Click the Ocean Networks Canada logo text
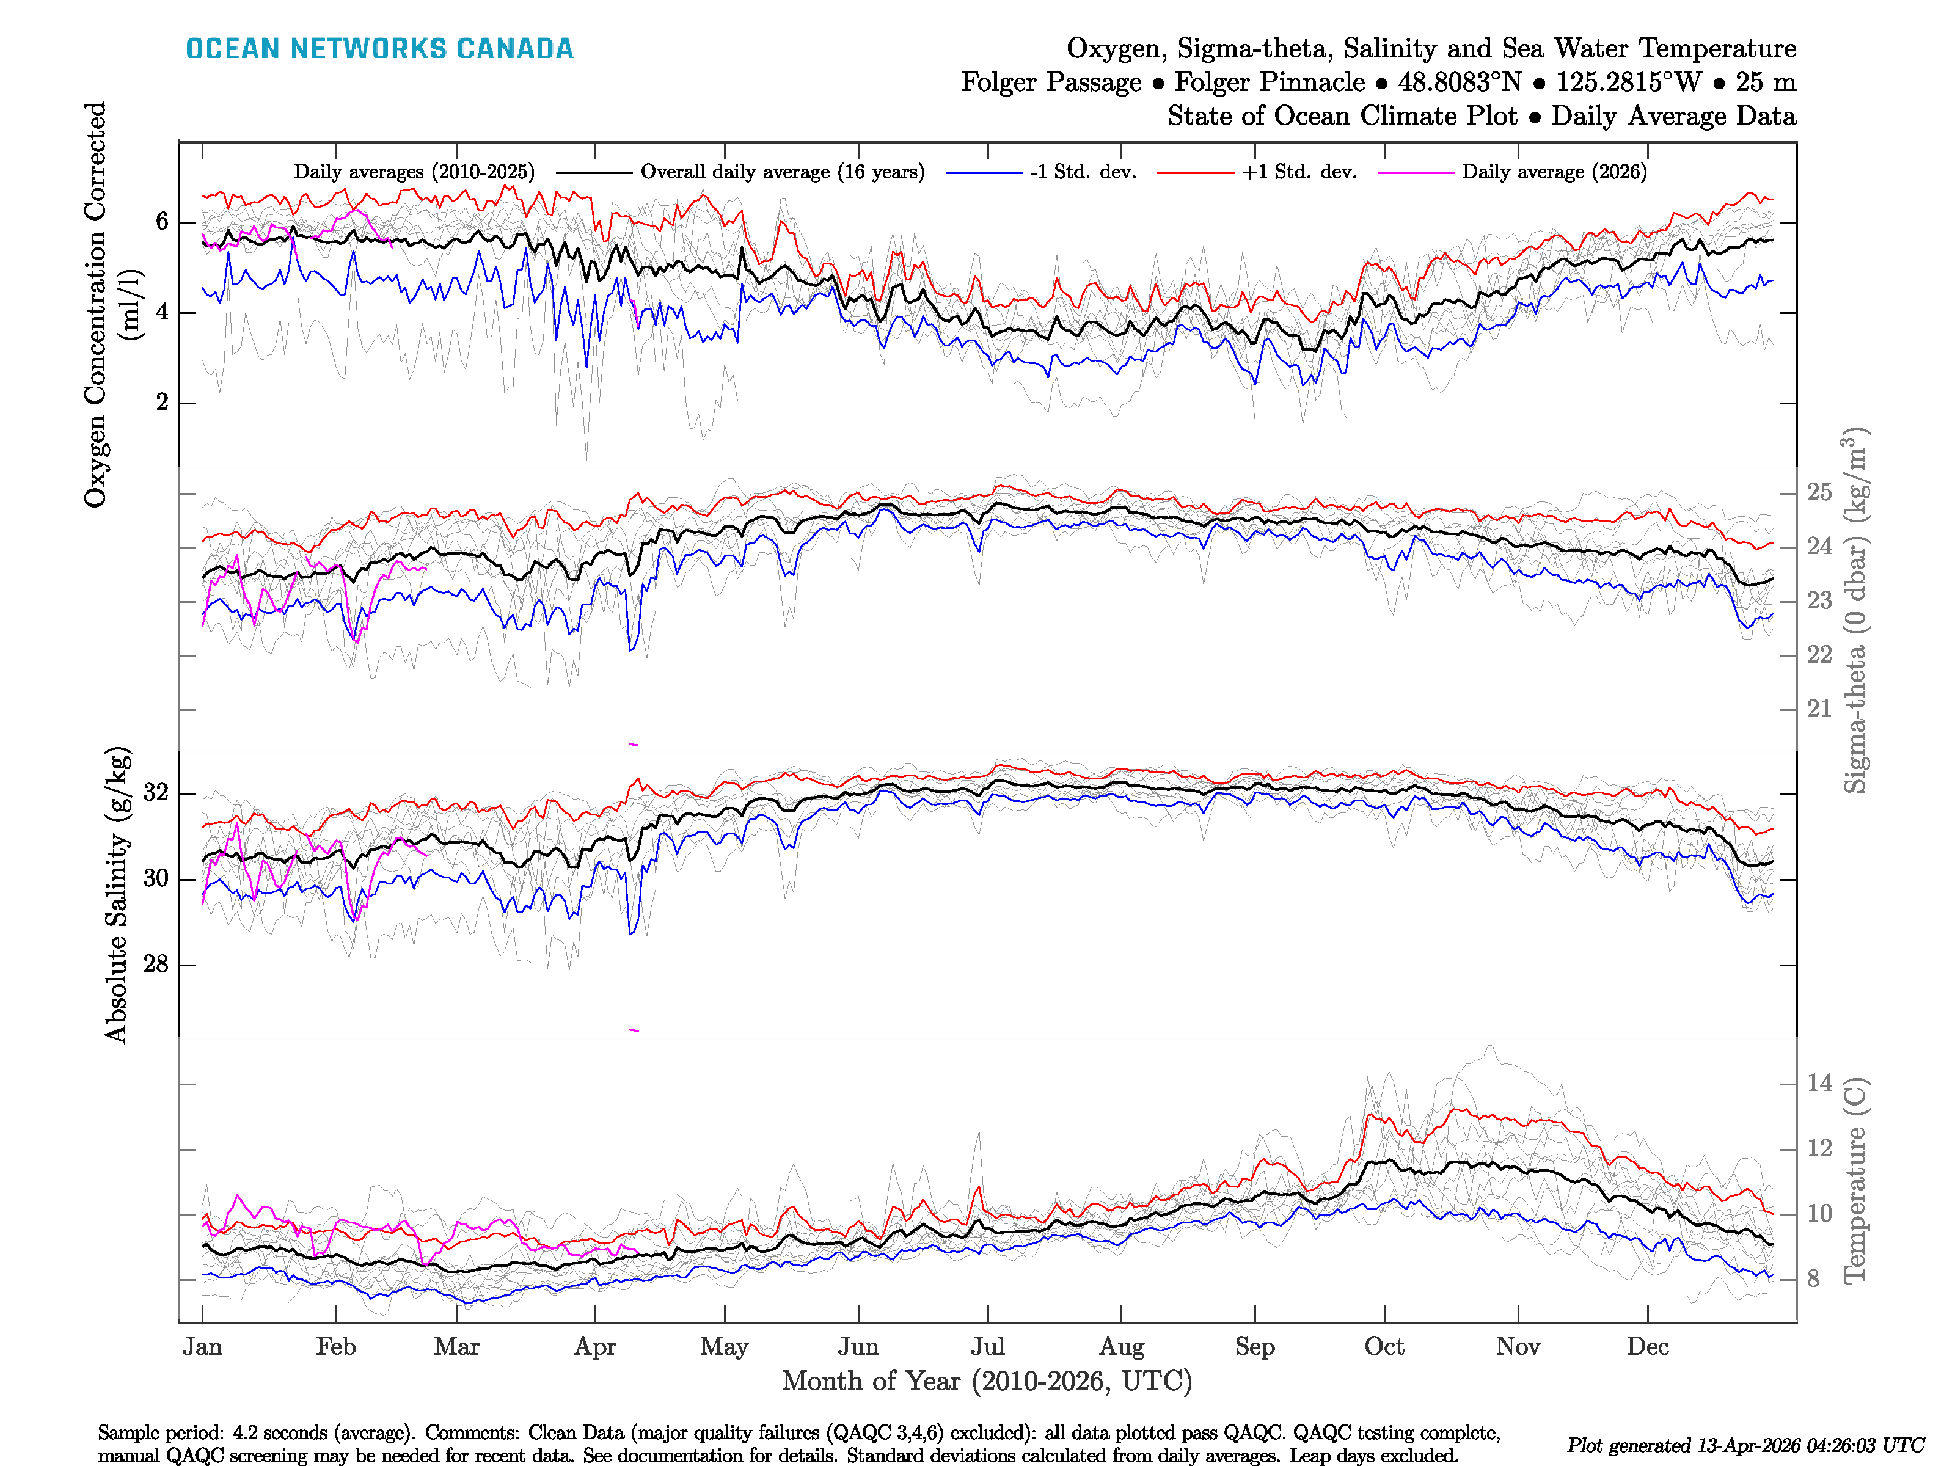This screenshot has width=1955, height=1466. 379,49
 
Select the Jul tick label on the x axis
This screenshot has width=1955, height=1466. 987,1347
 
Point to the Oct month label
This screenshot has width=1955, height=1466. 1384,1347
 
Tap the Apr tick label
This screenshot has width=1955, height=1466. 595,1347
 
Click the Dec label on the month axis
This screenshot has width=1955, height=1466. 1648,1347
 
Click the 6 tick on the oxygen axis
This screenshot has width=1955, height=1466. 162,222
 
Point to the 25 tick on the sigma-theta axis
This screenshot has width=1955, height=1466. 1819,492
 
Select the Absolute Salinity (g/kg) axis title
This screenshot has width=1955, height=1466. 117,894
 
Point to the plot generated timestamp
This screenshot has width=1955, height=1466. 1745,1446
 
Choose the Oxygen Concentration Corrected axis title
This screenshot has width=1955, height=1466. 95,304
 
